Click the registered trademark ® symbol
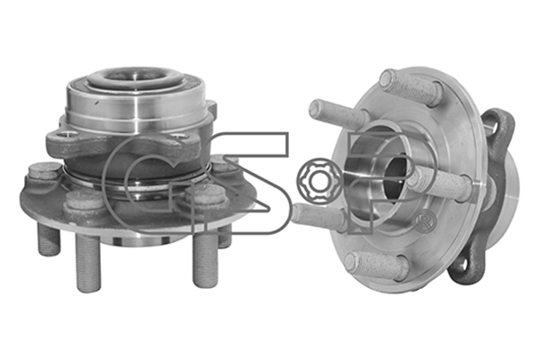click(426, 220)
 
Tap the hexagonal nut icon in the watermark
click(316, 178)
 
